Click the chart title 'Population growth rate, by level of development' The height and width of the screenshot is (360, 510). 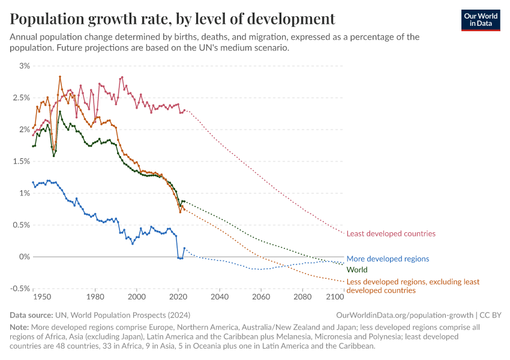[x=172, y=19]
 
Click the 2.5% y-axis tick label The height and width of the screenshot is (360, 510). [x=20, y=97]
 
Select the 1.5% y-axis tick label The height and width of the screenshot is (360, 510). [x=20, y=161]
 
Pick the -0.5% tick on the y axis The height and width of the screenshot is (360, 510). [x=19, y=289]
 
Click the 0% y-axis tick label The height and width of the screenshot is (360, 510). [x=24, y=257]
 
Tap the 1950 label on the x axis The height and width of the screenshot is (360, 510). [x=41, y=297]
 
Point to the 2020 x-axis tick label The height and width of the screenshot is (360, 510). [x=178, y=297]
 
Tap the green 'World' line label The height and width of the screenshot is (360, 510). [x=357, y=270]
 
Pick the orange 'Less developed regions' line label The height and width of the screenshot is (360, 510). [x=413, y=286]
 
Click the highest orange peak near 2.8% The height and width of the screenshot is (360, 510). [x=60, y=76]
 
